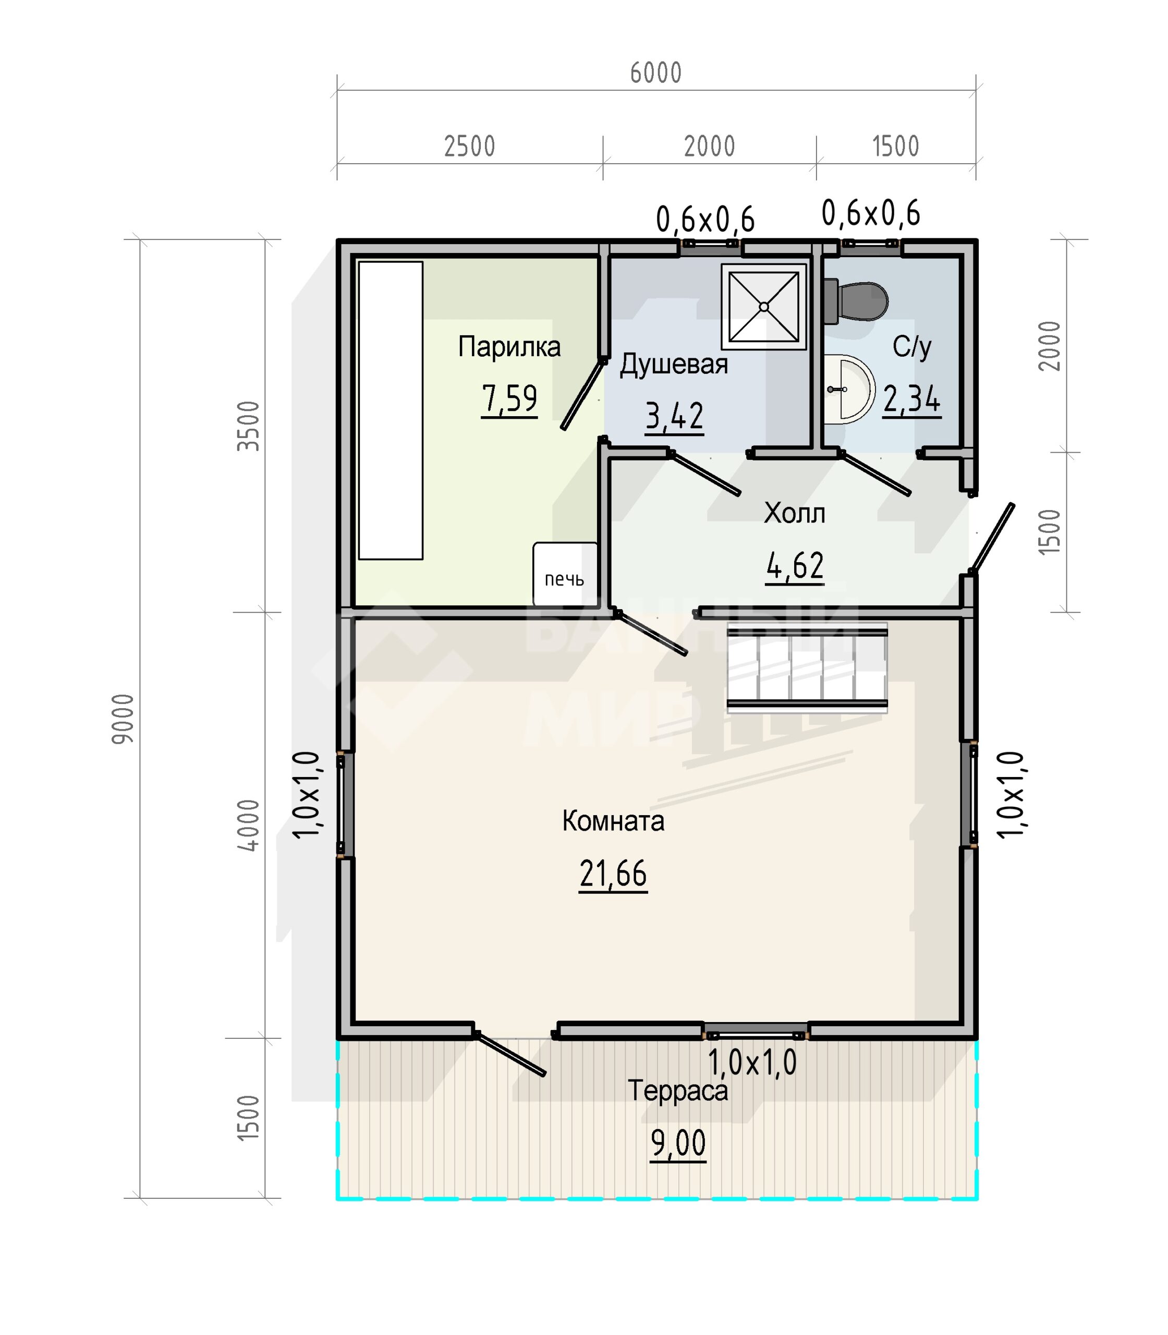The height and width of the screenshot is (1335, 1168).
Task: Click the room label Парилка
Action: pyautogui.click(x=509, y=347)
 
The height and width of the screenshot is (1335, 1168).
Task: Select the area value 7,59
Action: pyautogui.click(x=509, y=399)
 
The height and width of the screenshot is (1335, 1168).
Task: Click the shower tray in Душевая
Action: pyautogui.click(x=764, y=307)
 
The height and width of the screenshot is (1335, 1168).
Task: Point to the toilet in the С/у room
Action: pyautogui.click(x=855, y=301)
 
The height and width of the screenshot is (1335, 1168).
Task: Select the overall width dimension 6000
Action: pyautogui.click(x=656, y=73)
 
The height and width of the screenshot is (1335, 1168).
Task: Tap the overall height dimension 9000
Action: pyautogui.click(x=123, y=719)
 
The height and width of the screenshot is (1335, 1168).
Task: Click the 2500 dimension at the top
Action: pyautogui.click(x=469, y=147)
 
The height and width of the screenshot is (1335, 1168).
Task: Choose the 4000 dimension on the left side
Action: pyautogui.click(x=248, y=825)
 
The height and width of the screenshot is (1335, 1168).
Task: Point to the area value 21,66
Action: pyautogui.click(x=613, y=873)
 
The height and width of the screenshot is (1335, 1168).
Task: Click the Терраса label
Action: pyautogui.click(x=678, y=1091)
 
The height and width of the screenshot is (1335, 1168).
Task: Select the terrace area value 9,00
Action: pyautogui.click(x=678, y=1143)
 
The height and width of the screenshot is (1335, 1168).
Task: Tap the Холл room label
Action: pyautogui.click(x=795, y=514)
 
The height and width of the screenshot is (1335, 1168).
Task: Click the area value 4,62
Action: pyautogui.click(x=795, y=566)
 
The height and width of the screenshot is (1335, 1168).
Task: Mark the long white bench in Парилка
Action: pyautogui.click(x=391, y=411)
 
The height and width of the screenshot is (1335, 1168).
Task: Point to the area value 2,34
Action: pyautogui.click(x=912, y=399)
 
